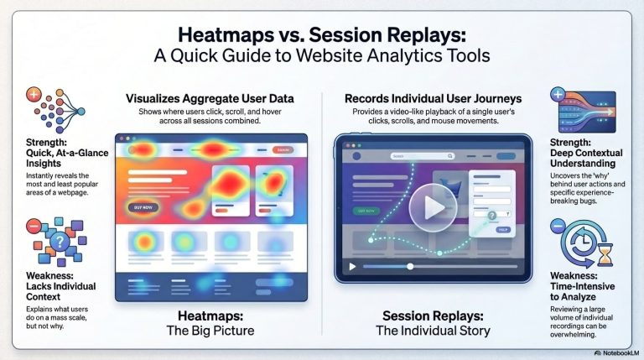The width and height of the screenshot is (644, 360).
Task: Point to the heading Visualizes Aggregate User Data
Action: [210, 99]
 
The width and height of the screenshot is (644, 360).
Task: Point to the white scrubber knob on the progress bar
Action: [409, 267]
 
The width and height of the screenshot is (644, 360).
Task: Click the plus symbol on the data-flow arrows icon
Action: [558, 94]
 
